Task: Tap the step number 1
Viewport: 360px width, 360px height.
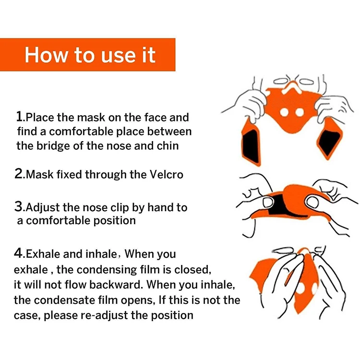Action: pyautogui.click(x=20, y=117)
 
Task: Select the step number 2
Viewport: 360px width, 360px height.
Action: pyautogui.click(x=20, y=174)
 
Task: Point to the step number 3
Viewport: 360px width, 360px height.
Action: pyautogui.click(x=20, y=207)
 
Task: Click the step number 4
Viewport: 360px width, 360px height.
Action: pyautogui.click(x=20, y=253)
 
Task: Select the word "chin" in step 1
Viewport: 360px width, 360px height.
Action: pyautogui.click(x=168, y=145)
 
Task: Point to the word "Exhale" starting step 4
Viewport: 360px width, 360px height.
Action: pyautogui.click(x=42, y=254)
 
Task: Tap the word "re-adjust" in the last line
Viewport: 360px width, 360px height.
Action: pyautogui.click(x=99, y=315)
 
